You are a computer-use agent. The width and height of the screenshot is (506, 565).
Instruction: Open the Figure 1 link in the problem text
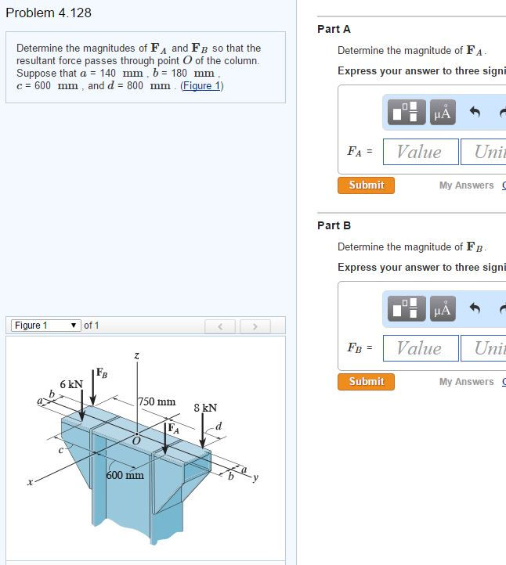(202, 85)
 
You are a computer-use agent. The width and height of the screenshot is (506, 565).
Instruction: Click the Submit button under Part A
(366, 185)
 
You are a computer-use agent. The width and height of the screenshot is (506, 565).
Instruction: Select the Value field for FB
(420, 348)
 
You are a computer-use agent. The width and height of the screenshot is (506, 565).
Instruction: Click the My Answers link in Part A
(466, 185)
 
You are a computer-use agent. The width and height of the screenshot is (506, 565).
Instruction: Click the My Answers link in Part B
(466, 382)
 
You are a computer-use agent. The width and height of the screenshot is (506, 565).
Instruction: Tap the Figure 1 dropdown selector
(45, 326)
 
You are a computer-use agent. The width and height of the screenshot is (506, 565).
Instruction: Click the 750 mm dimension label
(157, 401)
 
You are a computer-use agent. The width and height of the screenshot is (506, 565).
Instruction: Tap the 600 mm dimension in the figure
(125, 475)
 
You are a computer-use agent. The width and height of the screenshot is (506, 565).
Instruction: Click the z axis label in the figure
(137, 356)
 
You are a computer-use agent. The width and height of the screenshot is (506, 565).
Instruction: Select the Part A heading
(334, 29)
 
